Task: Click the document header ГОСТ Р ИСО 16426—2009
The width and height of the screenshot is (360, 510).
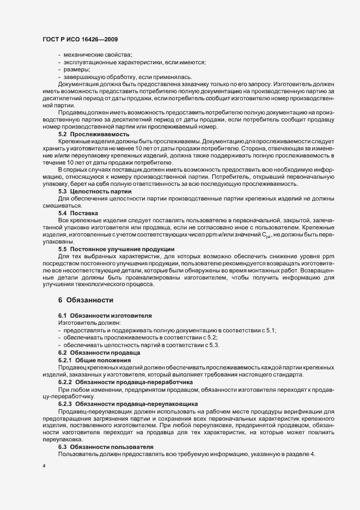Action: (x=80, y=39)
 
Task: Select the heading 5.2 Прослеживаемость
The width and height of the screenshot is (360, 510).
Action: (x=94, y=133)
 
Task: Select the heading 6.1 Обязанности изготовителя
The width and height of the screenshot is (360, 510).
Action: (x=105, y=316)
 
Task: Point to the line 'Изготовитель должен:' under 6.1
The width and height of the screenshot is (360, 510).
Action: (x=85, y=323)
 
